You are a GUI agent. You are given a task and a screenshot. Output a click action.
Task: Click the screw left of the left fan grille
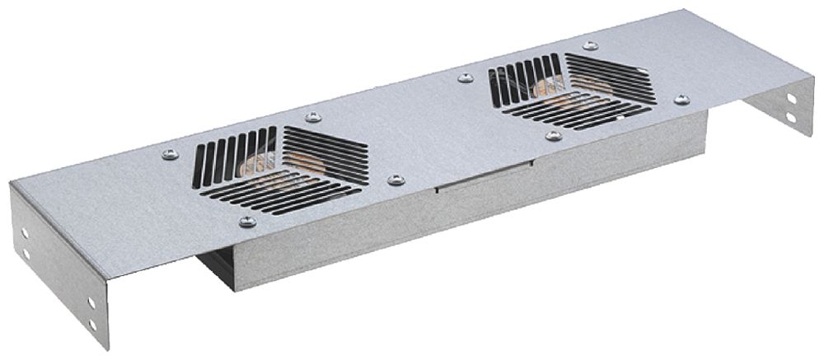coord(170,154)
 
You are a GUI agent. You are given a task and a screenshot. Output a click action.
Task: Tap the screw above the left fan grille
coord(312,118)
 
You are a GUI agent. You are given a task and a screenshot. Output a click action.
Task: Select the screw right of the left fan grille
coord(396,180)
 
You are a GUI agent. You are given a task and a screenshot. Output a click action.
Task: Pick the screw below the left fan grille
coord(246,221)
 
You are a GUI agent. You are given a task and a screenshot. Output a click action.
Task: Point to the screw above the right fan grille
coord(590,46)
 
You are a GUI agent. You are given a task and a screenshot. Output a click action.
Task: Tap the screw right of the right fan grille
coord(681,100)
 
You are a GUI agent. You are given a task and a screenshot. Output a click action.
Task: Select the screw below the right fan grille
coord(554,135)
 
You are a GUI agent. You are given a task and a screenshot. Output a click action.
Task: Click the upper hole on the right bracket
coord(791,97)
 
